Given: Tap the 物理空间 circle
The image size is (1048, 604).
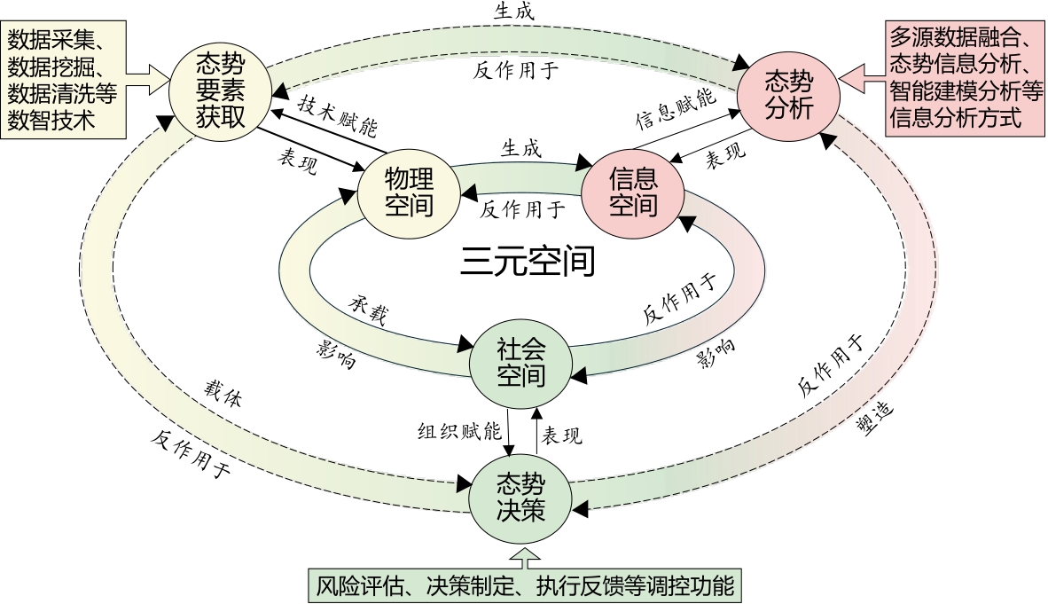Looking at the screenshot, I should coord(408,193).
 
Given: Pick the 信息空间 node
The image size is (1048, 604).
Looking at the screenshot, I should coord(633,192).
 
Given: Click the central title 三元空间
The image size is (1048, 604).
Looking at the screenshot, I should coord(527,261).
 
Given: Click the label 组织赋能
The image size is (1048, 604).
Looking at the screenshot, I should coord(459,431).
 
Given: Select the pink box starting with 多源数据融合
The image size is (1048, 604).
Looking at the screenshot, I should coord(965,78).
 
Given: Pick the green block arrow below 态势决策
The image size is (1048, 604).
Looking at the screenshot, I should coord(526,558).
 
